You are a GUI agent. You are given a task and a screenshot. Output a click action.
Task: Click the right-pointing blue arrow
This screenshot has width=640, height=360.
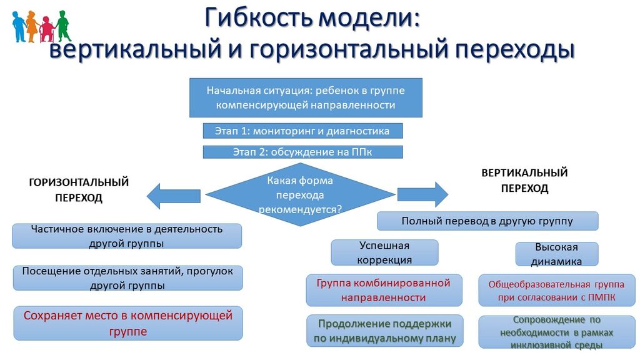(422, 193)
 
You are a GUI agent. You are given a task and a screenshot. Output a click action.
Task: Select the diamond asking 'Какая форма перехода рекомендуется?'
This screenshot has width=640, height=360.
(300, 195)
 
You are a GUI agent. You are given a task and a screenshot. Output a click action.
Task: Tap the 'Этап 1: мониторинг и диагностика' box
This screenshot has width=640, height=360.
(302, 131)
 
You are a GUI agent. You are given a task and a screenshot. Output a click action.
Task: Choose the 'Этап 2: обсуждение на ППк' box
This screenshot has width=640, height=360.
(302, 152)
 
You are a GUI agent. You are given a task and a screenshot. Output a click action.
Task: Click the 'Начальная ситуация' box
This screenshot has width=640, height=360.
(306, 97)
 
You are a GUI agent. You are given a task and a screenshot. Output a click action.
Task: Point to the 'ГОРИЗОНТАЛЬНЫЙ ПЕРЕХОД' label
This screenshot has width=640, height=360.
(79, 189)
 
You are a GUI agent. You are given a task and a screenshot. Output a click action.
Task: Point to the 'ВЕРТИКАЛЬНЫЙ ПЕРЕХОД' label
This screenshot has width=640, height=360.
(524, 180)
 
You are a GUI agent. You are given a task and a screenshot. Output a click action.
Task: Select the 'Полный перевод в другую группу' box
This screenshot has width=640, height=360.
(487, 221)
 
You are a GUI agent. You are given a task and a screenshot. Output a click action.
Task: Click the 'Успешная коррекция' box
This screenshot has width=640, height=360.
(384, 252)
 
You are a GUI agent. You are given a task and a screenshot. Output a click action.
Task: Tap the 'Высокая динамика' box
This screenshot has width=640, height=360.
(556, 254)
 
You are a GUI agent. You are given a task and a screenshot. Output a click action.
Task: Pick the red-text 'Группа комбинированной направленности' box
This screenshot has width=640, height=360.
(384, 290)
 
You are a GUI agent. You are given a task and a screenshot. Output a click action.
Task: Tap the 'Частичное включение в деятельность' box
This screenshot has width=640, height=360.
(127, 236)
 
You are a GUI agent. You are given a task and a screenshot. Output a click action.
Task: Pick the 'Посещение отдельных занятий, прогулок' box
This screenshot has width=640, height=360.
(127, 278)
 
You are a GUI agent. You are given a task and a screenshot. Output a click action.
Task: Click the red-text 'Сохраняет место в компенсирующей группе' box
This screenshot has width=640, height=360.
(127, 323)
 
